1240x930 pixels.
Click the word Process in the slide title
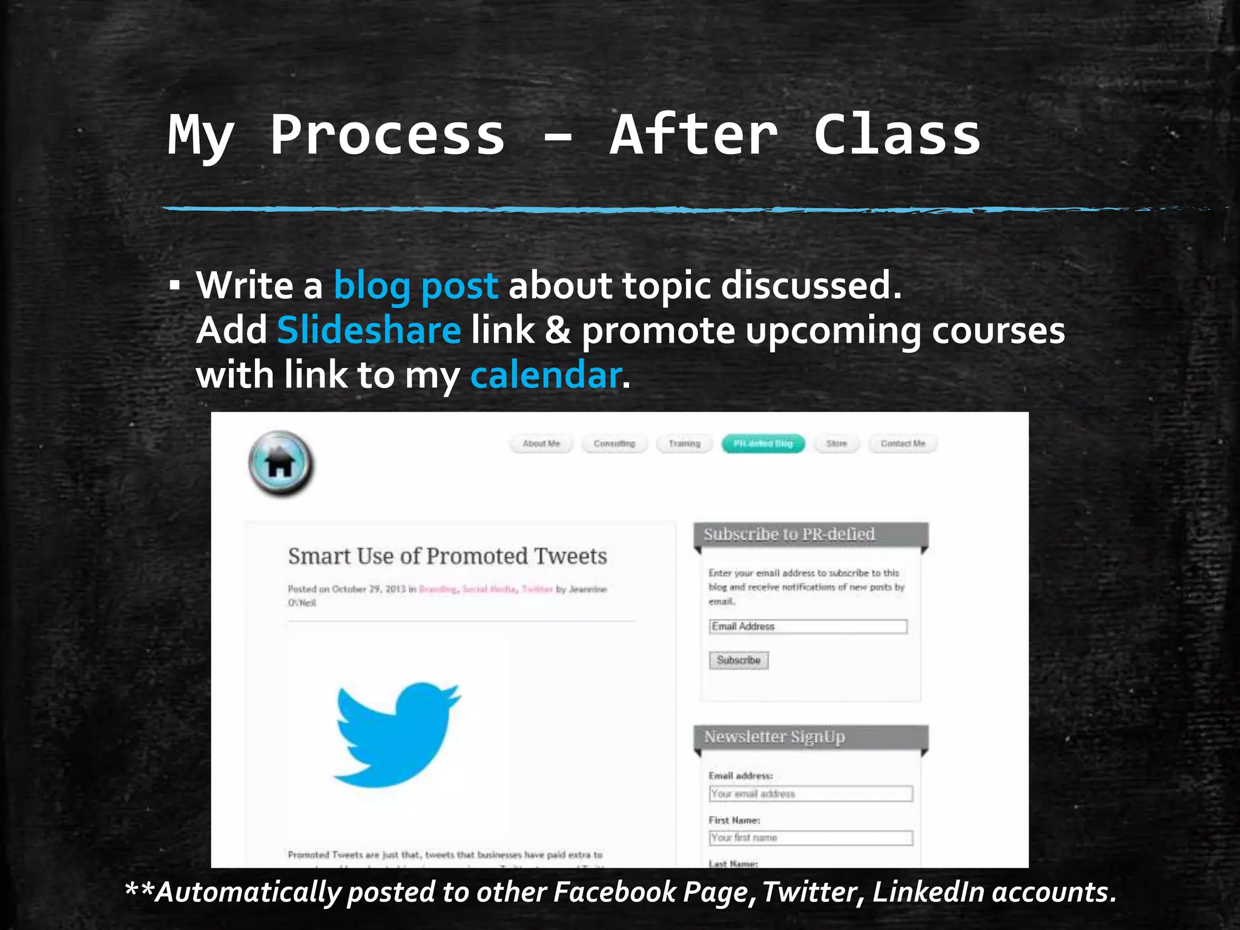coord(387,136)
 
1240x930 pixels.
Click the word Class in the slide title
coord(897,136)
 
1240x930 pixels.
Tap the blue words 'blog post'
coord(416,285)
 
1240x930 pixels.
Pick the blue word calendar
coord(546,375)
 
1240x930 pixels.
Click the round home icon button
coord(281,464)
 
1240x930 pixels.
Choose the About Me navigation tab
coord(541,444)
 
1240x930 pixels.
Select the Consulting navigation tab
coord(614,444)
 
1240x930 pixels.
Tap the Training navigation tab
coord(684,444)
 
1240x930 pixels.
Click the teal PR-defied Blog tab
coord(763,444)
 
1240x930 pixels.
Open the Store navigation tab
coord(836,444)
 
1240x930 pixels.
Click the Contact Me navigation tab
coord(903,444)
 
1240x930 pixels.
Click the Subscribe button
coord(738,660)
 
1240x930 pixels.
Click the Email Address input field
coord(808,627)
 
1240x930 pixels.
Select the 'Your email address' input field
coord(810,794)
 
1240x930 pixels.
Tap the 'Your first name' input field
coord(810,838)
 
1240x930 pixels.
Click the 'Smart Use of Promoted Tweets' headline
coord(447,556)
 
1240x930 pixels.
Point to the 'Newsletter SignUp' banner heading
coord(774,737)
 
